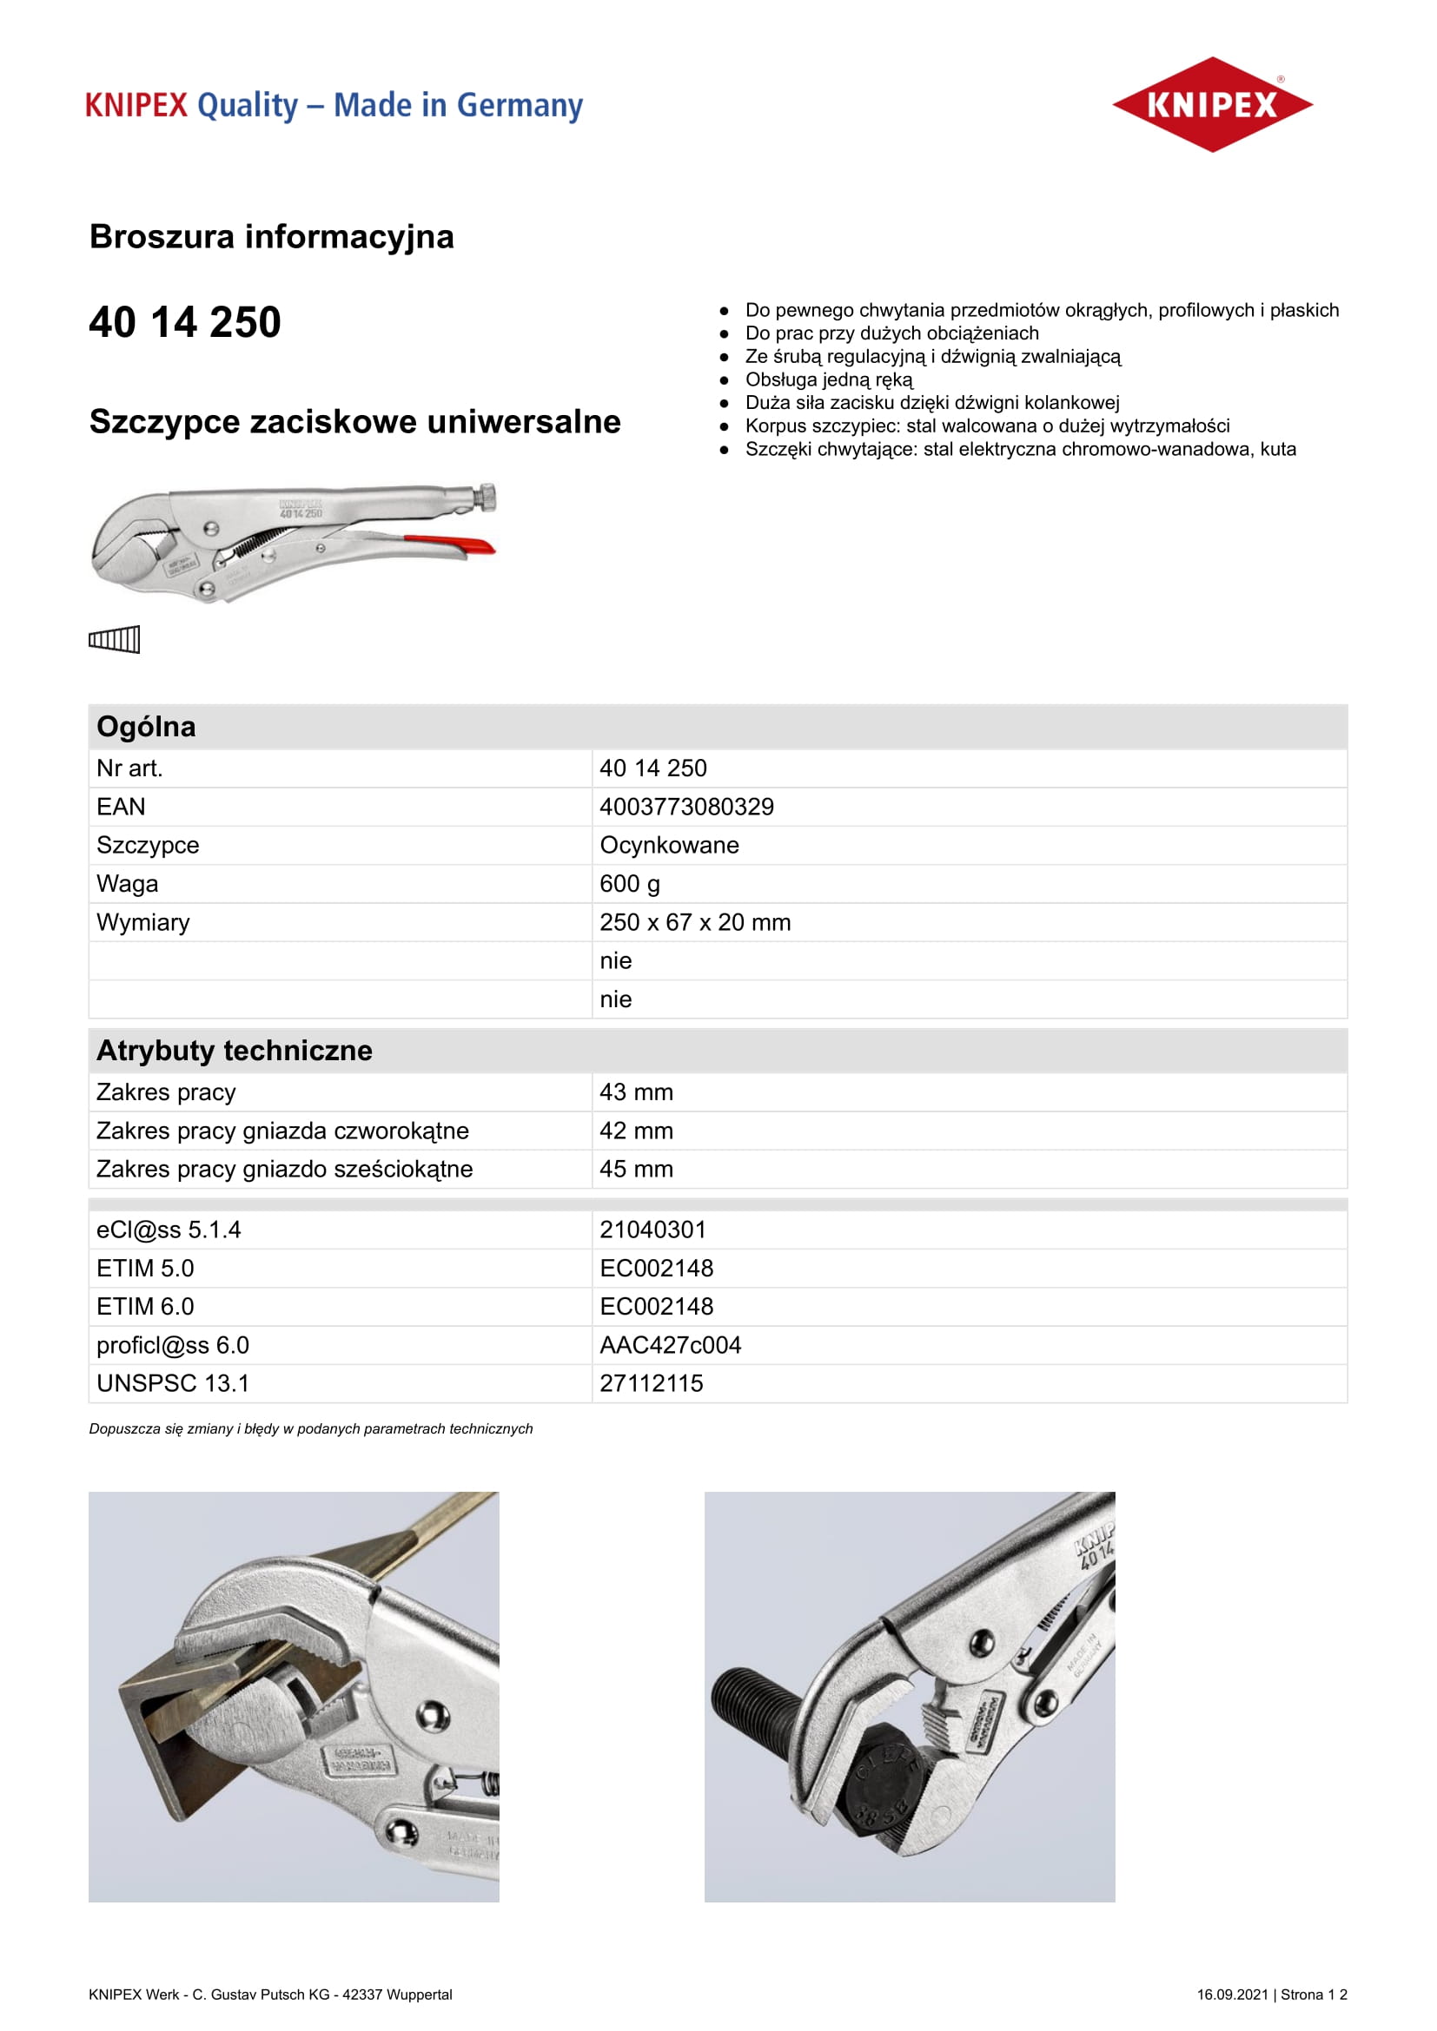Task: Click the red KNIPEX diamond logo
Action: [x=1211, y=104]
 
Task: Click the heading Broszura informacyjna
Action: [x=272, y=237]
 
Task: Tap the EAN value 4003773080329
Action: [x=685, y=807]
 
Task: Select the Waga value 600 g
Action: [x=629, y=884]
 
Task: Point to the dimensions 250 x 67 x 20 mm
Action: [x=695, y=923]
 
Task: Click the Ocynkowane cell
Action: [x=669, y=846]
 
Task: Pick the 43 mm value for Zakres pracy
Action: [x=636, y=1092]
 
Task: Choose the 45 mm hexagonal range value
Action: [x=636, y=1170]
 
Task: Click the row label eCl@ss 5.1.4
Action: [x=169, y=1230]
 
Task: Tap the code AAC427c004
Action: [x=670, y=1345]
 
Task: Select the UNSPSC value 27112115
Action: [x=652, y=1383]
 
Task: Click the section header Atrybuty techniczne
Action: [x=235, y=1051]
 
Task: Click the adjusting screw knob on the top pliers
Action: [x=487, y=498]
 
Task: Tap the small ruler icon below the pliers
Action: [x=114, y=639]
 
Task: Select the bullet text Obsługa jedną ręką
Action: [x=828, y=379]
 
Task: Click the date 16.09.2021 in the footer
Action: [x=1232, y=1995]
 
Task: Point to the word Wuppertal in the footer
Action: [x=423, y=1995]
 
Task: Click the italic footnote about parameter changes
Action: [x=310, y=1428]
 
